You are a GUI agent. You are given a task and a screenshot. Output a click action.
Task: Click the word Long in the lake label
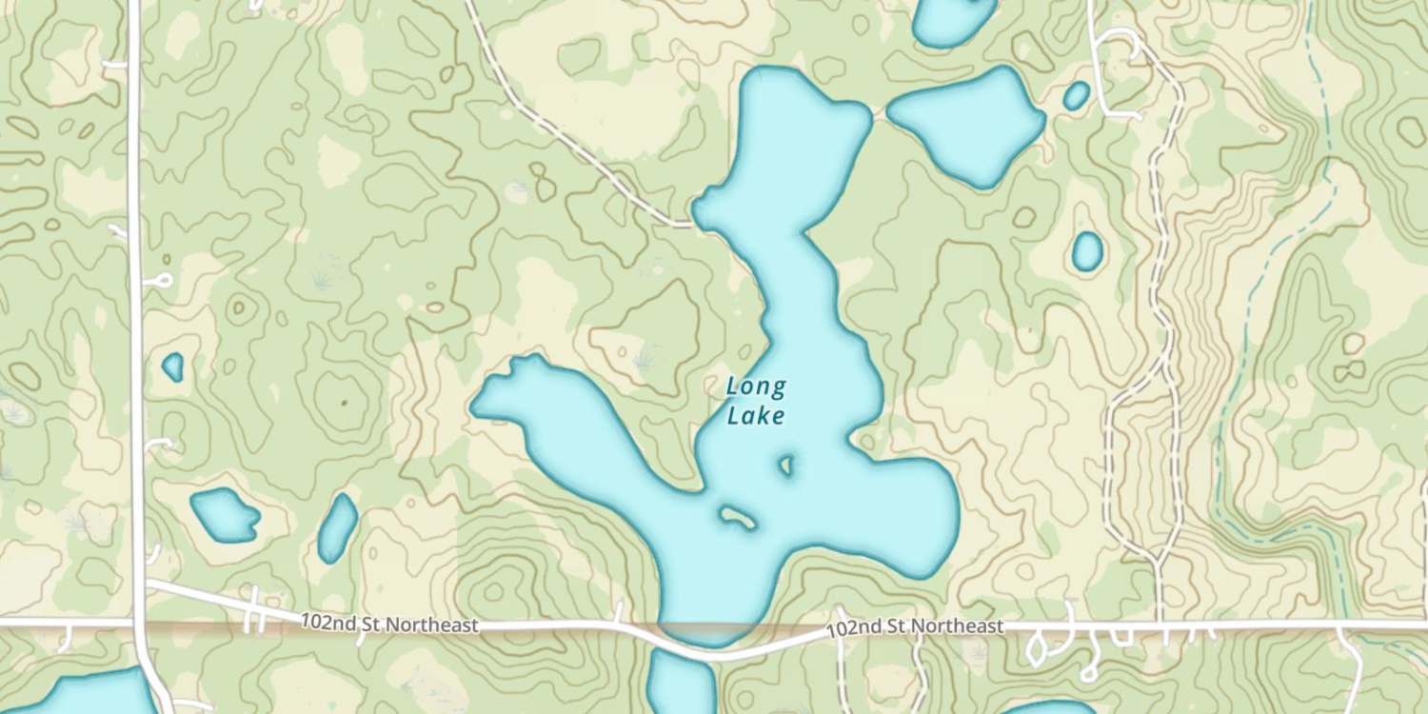pyautogui.click(x=756, y=387)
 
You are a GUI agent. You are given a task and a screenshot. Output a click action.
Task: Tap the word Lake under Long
pyautogui.click(x=755, y=416)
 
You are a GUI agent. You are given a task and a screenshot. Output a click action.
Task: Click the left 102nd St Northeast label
pyautogui.click(x=388, y=625)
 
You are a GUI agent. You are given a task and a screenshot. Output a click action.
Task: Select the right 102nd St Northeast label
pyautogui.click(x=915, y=627)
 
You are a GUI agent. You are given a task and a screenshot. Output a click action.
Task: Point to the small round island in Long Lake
pyautogui.click(x=786, y=466)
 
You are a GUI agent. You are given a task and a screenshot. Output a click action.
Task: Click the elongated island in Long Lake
pyautogui.click(x=737, y=517)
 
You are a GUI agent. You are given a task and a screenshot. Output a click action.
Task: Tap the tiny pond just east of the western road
pyautogui.click(x=172, y=367)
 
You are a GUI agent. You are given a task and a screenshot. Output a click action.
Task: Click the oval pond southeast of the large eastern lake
pyautogui.click(x=1086, y=251)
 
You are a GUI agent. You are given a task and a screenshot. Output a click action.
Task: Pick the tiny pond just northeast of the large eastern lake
pyautogui.click(x=1076, y=95)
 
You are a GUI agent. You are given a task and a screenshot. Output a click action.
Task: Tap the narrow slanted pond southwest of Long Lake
pyautogui.click(x=337, y=527)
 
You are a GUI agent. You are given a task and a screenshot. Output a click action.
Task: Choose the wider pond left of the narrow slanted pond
pyautogui.click(x=225, y=515)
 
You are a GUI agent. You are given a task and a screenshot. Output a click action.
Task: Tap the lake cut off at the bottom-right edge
pyautogui.click(x=1047, y=708)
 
